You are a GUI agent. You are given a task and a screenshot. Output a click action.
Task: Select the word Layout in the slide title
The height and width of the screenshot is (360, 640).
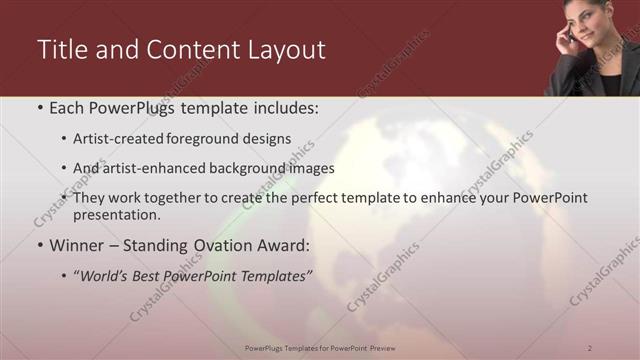click(284, 50)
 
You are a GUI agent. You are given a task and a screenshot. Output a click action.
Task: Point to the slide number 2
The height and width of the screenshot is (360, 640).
click(590, 347)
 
